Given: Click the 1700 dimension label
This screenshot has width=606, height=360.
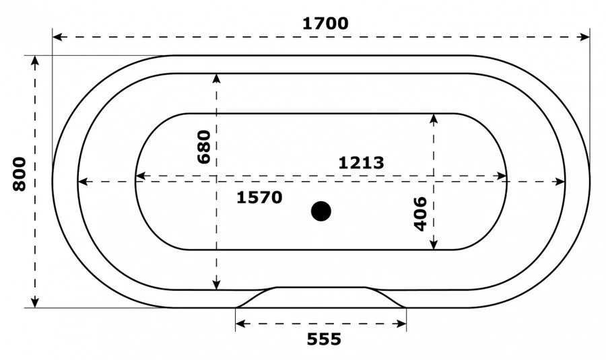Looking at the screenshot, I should click(325, 23).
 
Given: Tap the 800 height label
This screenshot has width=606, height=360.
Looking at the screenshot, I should click(20, 174).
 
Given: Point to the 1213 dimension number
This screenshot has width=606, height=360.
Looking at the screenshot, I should click(361, 162).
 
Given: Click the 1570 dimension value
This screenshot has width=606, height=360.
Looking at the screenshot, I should click(259, 198).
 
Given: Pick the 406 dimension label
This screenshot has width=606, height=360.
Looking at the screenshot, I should click(419, 213).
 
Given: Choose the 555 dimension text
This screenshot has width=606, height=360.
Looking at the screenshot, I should click(324, 339).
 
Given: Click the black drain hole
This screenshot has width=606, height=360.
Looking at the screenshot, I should click(321, 211).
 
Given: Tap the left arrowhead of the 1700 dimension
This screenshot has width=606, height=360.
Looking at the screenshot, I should click(57, 36).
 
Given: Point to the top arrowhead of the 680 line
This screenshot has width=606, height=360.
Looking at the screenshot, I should click(216, 77).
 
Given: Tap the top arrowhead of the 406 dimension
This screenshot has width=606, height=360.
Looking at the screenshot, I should click(434, 118).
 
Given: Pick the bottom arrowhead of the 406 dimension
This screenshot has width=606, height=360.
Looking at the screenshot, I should click(434, 245).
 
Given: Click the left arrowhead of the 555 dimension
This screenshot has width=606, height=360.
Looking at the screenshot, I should click(240, 324).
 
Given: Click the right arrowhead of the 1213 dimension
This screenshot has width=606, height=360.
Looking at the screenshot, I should click(502, 176).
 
